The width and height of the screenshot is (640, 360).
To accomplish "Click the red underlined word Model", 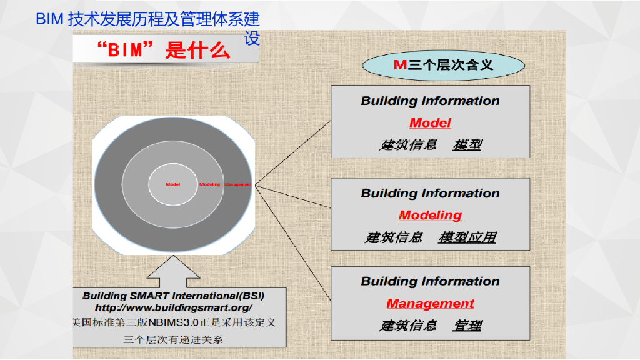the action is pos(430,123).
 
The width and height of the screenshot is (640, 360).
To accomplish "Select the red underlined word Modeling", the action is pos(430,216).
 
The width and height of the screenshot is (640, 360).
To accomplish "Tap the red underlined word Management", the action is pos(430,304).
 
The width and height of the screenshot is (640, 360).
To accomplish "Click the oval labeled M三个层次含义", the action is pos(444,64).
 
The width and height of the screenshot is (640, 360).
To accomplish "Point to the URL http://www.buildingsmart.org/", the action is pos(174,308).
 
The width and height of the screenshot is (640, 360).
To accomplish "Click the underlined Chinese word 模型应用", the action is pos(467,237).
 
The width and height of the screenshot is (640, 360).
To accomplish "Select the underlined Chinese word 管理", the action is pos(467,326).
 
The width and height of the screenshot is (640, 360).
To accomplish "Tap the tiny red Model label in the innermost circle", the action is pos(173,184).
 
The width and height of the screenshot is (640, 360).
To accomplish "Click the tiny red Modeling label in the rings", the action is pos(210,184).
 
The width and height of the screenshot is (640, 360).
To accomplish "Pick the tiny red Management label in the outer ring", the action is pos(238,184).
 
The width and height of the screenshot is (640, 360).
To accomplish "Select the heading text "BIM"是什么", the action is pos(164,50).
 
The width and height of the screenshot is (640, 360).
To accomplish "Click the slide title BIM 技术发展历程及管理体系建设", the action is pos(147,19).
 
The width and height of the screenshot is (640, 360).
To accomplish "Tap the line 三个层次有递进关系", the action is pos(173,339).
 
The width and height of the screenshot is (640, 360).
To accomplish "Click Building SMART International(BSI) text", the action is pos(174,295).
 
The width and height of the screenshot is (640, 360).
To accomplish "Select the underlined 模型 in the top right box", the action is pos(467,145).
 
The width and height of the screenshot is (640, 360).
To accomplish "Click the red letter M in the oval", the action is pos(400,64).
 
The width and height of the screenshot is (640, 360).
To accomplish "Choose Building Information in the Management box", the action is pos(430,281).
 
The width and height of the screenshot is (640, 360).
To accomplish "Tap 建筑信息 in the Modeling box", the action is pos(394,237).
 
